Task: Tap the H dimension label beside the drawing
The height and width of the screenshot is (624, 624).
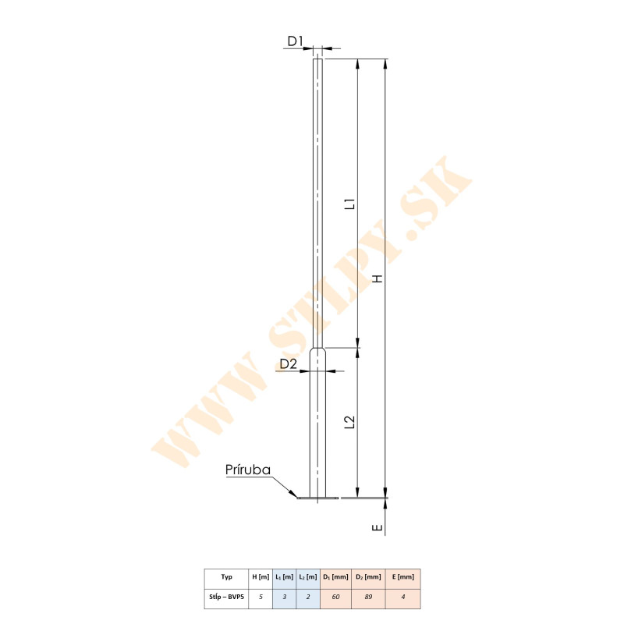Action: [378, 278]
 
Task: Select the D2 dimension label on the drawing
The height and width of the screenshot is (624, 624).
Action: [289, 363]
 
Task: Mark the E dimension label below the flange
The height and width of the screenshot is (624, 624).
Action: [378, 528]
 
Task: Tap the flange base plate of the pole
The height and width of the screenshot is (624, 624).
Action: [318, 497]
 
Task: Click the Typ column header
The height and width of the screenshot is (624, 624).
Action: [226, 577]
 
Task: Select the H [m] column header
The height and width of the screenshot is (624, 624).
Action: [261, 577]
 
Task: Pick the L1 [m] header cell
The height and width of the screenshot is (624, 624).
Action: [284, 577]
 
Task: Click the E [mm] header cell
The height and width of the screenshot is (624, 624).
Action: [403, 577]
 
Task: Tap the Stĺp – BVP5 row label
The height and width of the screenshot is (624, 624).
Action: [226, 598]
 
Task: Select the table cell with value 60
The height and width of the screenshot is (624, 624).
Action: [336, 598]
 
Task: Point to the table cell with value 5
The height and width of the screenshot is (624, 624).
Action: [261, 598]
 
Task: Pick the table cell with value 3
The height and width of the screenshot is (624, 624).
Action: [284, 598]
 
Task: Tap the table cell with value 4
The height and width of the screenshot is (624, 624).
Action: [403, 598]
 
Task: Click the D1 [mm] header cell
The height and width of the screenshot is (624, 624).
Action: [336, 577]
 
